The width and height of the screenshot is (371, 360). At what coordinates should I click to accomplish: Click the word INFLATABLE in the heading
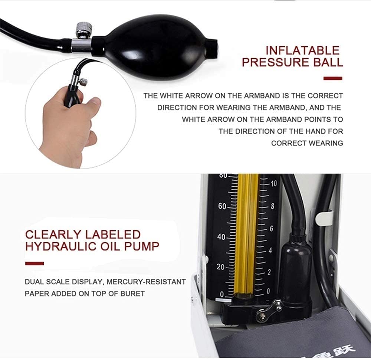tap(303, 50)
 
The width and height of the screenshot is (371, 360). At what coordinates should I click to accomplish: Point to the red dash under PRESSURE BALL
tap(333, 78)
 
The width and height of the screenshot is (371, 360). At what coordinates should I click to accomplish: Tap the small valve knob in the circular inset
tap(83, 82)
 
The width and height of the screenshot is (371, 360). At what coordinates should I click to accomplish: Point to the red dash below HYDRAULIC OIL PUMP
tap(35, 264)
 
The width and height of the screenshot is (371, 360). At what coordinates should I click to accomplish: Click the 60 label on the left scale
tap(222, 206)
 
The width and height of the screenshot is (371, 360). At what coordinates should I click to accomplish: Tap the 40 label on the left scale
tap(221, 237)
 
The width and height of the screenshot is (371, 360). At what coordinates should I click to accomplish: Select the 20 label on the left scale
tap(220, 267)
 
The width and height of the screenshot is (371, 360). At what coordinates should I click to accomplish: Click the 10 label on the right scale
tap(273, 183)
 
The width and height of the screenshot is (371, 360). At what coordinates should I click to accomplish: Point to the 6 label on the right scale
tap(272, 229)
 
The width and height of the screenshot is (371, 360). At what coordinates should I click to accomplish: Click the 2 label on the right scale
tap(269, 272)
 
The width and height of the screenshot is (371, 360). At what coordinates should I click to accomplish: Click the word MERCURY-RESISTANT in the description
tap(146, 282)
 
